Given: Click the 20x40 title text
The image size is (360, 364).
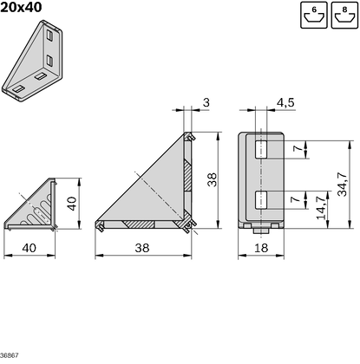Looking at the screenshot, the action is click(x=21, y=7).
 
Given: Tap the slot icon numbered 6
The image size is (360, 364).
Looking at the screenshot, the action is click(x=314, y=15).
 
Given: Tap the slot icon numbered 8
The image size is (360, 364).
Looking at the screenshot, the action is click(x=344, y=15).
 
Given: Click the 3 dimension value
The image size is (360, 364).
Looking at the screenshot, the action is click(x=206, y=102).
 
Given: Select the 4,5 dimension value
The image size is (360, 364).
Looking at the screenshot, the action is click(x=285, y=102).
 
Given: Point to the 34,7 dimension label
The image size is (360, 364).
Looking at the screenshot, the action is click(x=343, y=185).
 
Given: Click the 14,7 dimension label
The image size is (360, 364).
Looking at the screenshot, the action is click(x=321, y=207).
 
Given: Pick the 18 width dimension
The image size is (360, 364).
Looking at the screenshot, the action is click(x=261, y=248).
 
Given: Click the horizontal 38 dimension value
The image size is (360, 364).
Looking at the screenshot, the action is click(x=142, y=248).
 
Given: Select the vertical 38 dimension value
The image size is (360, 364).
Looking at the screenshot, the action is click(x=212, y=179).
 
